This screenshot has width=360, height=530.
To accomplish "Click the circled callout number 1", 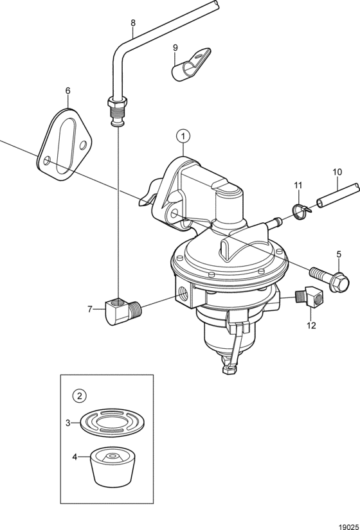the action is point(183,137).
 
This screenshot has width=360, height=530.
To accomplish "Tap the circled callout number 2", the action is point(80,396).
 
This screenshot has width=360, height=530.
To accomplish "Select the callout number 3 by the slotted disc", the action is point(68,423).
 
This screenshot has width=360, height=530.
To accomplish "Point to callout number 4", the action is point(75,457).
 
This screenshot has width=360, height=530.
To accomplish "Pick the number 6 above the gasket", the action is point(68,91).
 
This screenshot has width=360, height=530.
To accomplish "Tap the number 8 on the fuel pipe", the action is point(133,23).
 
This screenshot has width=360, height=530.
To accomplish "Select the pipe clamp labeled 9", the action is point(190,64).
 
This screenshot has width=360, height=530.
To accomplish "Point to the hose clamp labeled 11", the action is point(300,211).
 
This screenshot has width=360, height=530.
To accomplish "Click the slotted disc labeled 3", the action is point(113,422).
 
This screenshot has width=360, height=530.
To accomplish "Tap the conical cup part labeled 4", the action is point(113,468).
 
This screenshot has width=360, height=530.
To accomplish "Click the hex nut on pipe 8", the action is point(117,101).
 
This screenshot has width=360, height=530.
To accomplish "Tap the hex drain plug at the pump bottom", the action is point(228,369).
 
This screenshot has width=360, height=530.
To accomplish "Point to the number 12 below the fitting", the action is point(311,326).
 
